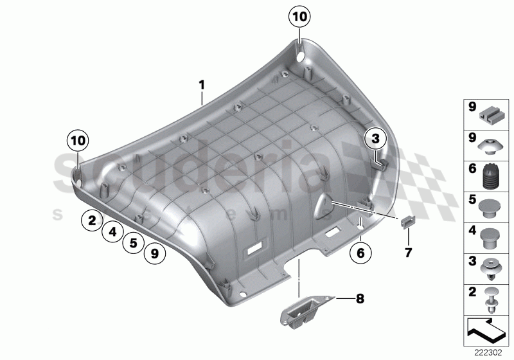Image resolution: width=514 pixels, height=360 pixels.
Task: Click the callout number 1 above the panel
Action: coord(201,85)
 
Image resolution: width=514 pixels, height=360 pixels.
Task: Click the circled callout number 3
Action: coord(376,138)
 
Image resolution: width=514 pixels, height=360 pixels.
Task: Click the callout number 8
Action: coord(359,298)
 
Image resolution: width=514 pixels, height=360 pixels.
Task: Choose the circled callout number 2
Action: coord(93,221)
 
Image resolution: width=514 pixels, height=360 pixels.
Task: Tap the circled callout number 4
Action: coord(112,232)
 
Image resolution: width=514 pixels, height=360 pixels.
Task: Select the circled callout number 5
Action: coord(133,243)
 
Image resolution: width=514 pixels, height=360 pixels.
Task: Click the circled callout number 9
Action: coord(154,254)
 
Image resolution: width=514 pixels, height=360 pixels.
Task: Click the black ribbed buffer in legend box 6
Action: coord(491,175)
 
